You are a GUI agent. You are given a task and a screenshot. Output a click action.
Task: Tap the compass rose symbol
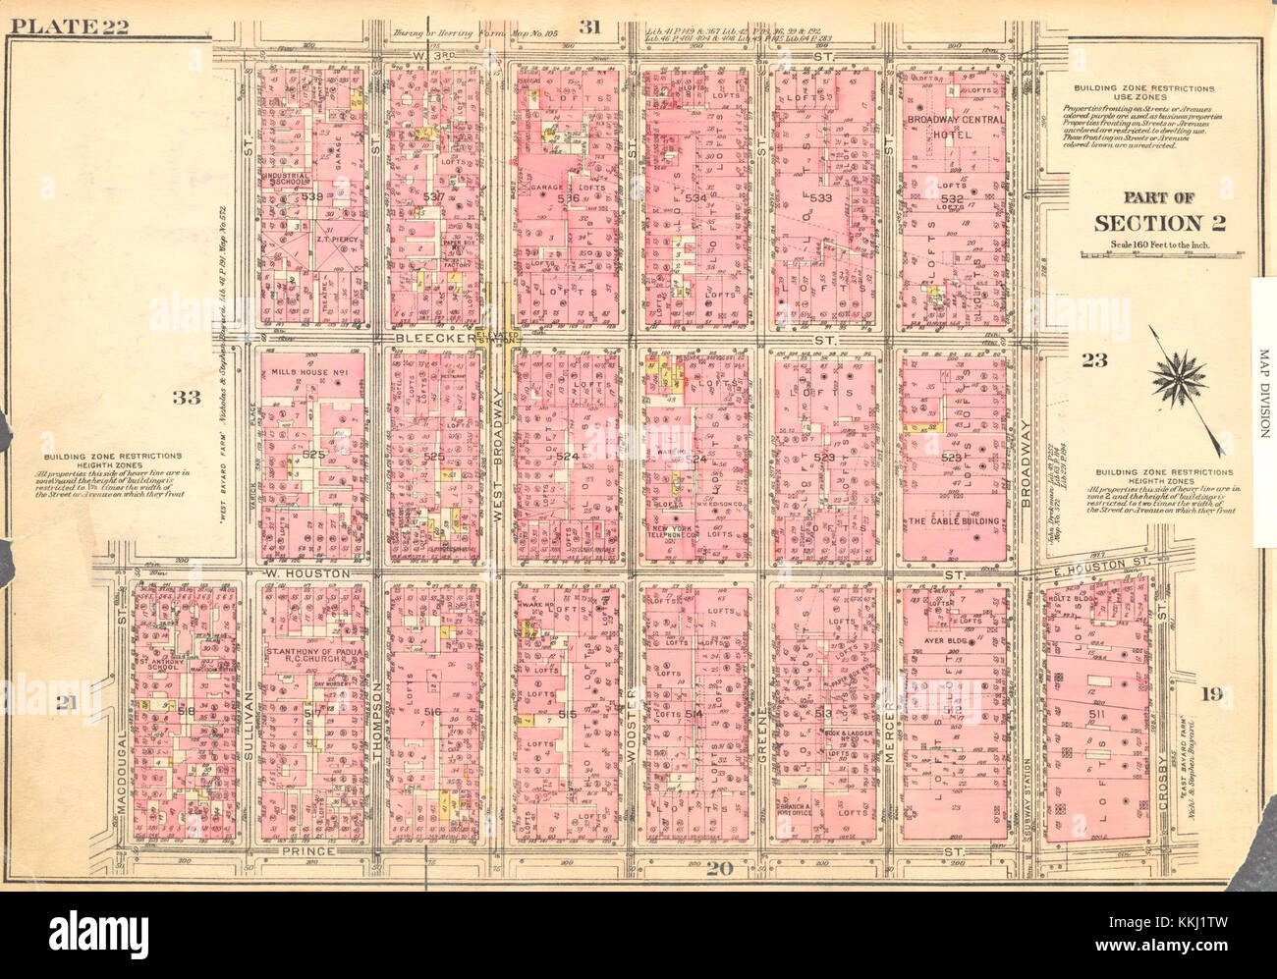pyautogui.click(x=1179, y=379)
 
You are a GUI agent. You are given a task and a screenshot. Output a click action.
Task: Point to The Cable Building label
pyautogui.click(x=954, y=521)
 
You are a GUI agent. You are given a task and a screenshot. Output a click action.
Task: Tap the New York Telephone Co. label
pyautogui.click(x=676, y=535)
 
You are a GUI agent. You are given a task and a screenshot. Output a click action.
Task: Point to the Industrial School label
pyautogui.click(x=288, y=182)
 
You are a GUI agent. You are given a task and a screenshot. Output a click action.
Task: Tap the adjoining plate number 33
pyautogui.click(x=185, y=397)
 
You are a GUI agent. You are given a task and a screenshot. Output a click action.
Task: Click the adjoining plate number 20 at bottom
pyautogui.click(x=719, y=867)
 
